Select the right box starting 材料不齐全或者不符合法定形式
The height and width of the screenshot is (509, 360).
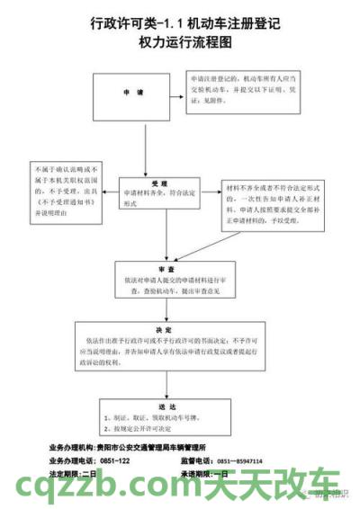click(269, 202)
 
